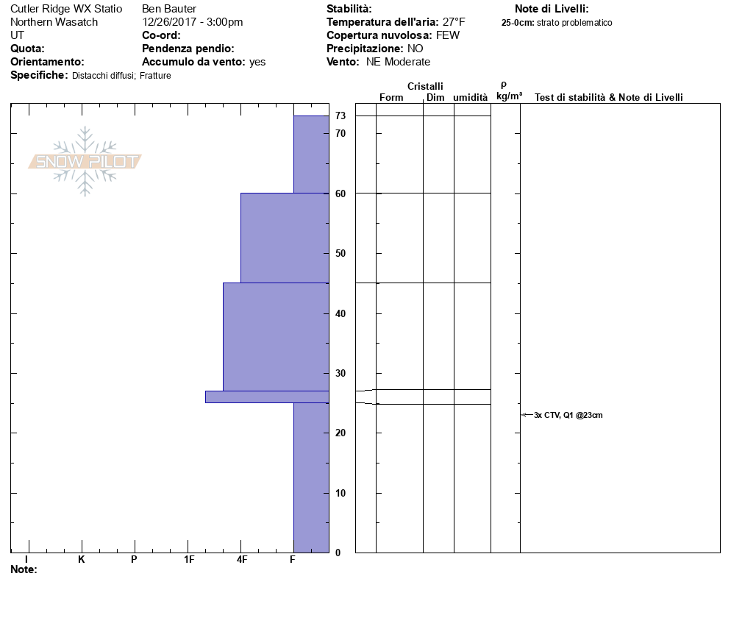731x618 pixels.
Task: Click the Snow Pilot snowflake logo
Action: tap(85, 161)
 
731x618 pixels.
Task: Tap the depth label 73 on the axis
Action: tap(340, 116)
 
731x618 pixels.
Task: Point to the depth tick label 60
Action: tap(340, 193)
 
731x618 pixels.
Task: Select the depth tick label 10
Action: tap(340, 493)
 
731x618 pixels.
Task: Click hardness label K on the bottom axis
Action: tap(82, 560)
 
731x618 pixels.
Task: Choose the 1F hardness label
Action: tap(189, 560)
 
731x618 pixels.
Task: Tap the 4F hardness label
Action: tap(241, 560)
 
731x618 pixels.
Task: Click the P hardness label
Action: tap(134, 560)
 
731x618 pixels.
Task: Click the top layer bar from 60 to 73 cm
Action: tap(311, 154)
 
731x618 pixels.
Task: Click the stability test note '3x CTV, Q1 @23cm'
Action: tap(568, 415)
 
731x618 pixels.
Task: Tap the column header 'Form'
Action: tap(391, 98)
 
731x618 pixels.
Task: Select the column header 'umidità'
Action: tap(470, 98)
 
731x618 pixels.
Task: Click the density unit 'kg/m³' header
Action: tap(509, 96)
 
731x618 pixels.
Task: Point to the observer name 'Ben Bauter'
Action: tap(169, 9)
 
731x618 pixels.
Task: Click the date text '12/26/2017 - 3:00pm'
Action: tap(192, 22)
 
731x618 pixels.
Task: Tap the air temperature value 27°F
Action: tap(454, 22)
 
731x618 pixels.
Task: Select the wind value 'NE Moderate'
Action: tap(398, 62)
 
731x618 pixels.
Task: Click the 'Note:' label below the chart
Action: tap(24, 569)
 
